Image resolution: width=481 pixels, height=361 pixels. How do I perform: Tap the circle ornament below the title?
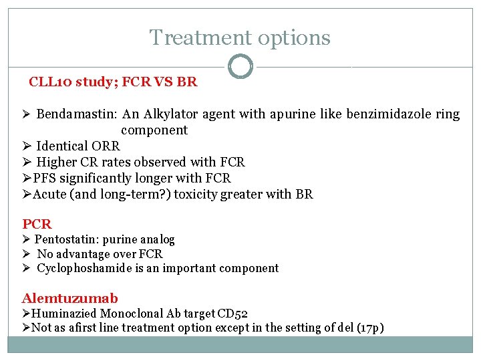[240, 67]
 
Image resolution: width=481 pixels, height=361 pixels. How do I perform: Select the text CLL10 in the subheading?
[50, 83]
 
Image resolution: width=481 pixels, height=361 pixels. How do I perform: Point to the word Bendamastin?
[77, 114]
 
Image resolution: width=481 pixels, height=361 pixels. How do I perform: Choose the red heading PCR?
[37, 224]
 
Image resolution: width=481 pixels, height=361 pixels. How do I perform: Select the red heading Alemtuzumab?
[69, 298]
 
